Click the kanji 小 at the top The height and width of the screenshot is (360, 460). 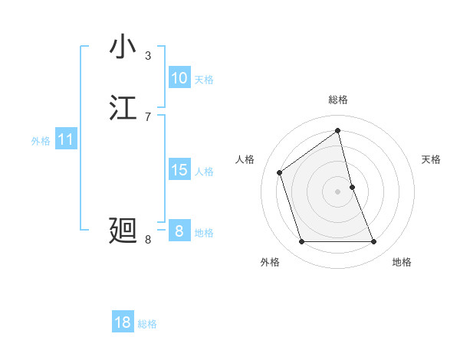[123, 47]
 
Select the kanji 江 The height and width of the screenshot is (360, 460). [123, 108]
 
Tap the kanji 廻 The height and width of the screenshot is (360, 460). [123, 231]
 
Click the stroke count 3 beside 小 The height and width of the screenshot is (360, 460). [148, 55]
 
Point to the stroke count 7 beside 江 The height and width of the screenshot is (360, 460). [148, 116]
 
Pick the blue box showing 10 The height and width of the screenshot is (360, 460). [179, 78]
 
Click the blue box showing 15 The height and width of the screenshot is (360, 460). [179, 170]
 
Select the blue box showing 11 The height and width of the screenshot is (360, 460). [66, 140]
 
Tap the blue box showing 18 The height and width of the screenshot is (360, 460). [123, 322]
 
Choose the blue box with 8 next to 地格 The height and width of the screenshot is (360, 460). [179, 231]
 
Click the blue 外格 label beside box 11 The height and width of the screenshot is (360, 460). [41, 141]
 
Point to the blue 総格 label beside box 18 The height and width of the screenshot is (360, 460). [147, 324]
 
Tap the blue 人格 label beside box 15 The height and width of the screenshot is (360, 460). [204, 172]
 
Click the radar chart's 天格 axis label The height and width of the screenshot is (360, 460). [431, 159]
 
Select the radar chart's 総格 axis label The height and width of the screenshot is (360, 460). [338, 100]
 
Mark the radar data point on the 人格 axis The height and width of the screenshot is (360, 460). [280, 172]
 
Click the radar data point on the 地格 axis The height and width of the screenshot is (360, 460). [373, 242]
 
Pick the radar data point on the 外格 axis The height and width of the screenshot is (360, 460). [301, 242]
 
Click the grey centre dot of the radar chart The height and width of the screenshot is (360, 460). [338, 191]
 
